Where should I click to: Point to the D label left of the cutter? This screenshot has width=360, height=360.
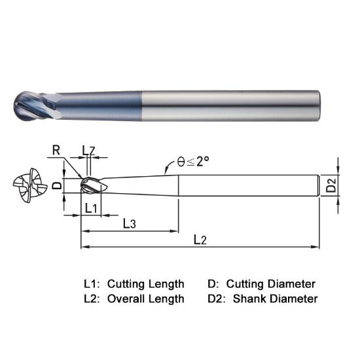tap(56, 185)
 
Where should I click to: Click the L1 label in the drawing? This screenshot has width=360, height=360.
tap(92, 208)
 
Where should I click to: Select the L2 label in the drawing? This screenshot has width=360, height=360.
tap(200, 240)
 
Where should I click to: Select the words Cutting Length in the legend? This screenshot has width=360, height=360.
tap(145, 284)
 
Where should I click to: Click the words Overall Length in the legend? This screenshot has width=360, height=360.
tap(145, 298)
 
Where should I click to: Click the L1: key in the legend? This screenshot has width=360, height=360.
tap(92, 284)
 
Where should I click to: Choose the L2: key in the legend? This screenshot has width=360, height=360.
tap(92, 298)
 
